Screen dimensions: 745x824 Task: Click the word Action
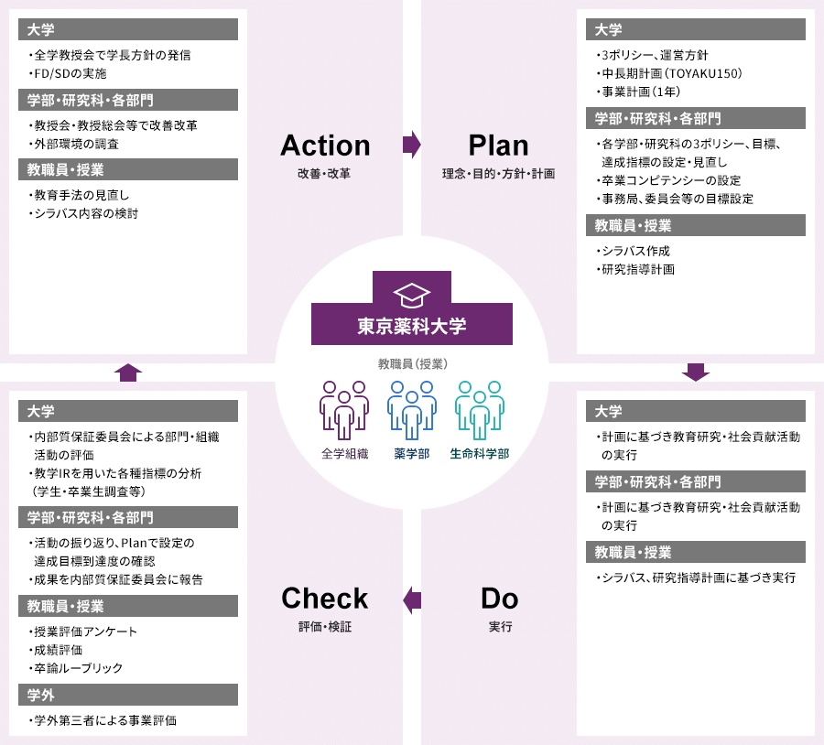coord(325,146)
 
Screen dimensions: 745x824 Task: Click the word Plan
coord(498,146)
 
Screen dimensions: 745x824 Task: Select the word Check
coord(324,599)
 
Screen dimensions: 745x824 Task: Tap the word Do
coord(499,599)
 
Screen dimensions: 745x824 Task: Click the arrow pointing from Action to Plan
coord(411,145)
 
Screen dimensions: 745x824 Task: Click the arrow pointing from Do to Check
coord(412,599)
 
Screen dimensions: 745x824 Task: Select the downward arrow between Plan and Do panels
coord(696,372)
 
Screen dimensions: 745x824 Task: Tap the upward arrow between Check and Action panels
coord(128,372)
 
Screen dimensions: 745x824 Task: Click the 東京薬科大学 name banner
coord(411,326)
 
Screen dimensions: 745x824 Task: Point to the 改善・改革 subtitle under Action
coord(324,173)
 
